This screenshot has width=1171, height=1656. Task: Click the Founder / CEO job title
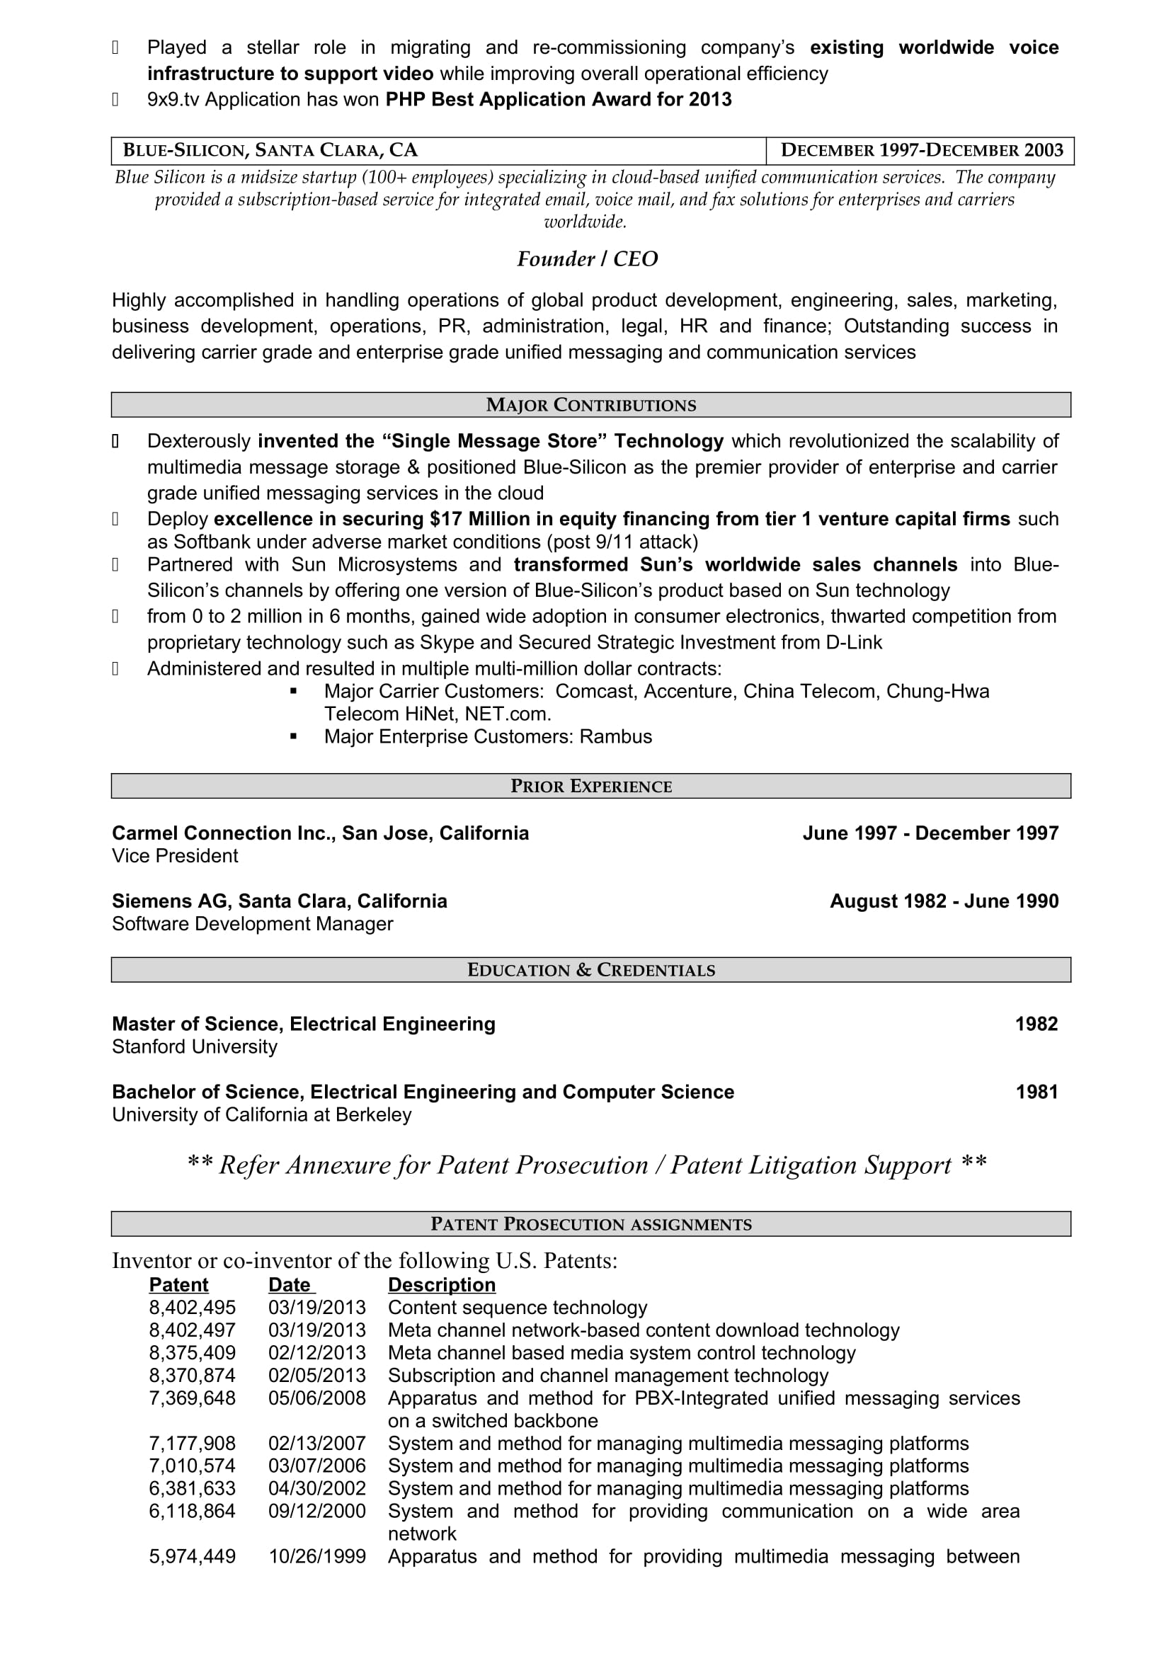pyautogui.click(x=587, y=259)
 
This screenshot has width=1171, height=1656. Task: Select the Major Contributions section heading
pyautogui.click(x=590, y=406)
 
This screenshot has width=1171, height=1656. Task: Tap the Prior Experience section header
pyautogui.click(x=590, y=786)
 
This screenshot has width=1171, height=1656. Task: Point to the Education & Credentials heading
pyautogui.click(x=590, y=970)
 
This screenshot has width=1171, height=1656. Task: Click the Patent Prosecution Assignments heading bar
pyautogui.click(x=590, y=1224)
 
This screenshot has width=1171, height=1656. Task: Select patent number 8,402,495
pyautogui.click(x=192, y=1308)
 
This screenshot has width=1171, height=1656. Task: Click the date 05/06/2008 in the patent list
pyautogui.click(x=316, y=1398)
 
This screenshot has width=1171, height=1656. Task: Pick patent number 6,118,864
pyautogui.click(x=192, y=1511)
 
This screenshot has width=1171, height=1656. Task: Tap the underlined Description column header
pyautogui.click(x=441, y=1284)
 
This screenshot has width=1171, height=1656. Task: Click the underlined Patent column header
pyautogui.click(x=178, y=1284)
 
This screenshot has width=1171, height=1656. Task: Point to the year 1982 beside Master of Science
pyautogui.click(x=1036, y=1024)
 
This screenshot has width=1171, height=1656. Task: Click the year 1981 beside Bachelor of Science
pyautogui.click(x=1036, y=1092)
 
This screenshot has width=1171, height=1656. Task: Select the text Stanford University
pyautogui.click(x=194, y=1046)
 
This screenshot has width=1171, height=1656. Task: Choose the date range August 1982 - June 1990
pyautogui.click(x=944, y=901)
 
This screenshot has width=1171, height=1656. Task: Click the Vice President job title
pyautogui.click(x=174, y=855)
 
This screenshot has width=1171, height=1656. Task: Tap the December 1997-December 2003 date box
pyautogui.click(x=922, y=150)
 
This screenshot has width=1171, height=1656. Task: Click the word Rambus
pyautogui.click(x=616, y=736)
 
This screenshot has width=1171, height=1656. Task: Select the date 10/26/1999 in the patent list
pyautogui.click(x=316, y=1556)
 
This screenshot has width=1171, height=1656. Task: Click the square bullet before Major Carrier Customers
pyautogui.click(x=294, y=691)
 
